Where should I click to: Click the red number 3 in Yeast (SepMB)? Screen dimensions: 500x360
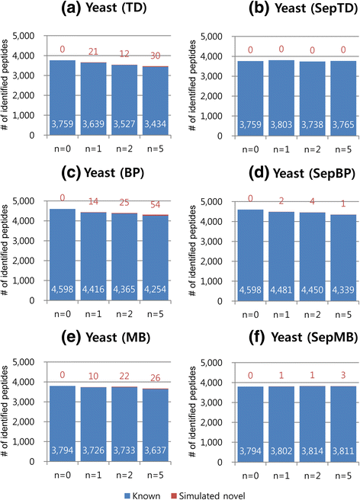[x=316, y=369]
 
